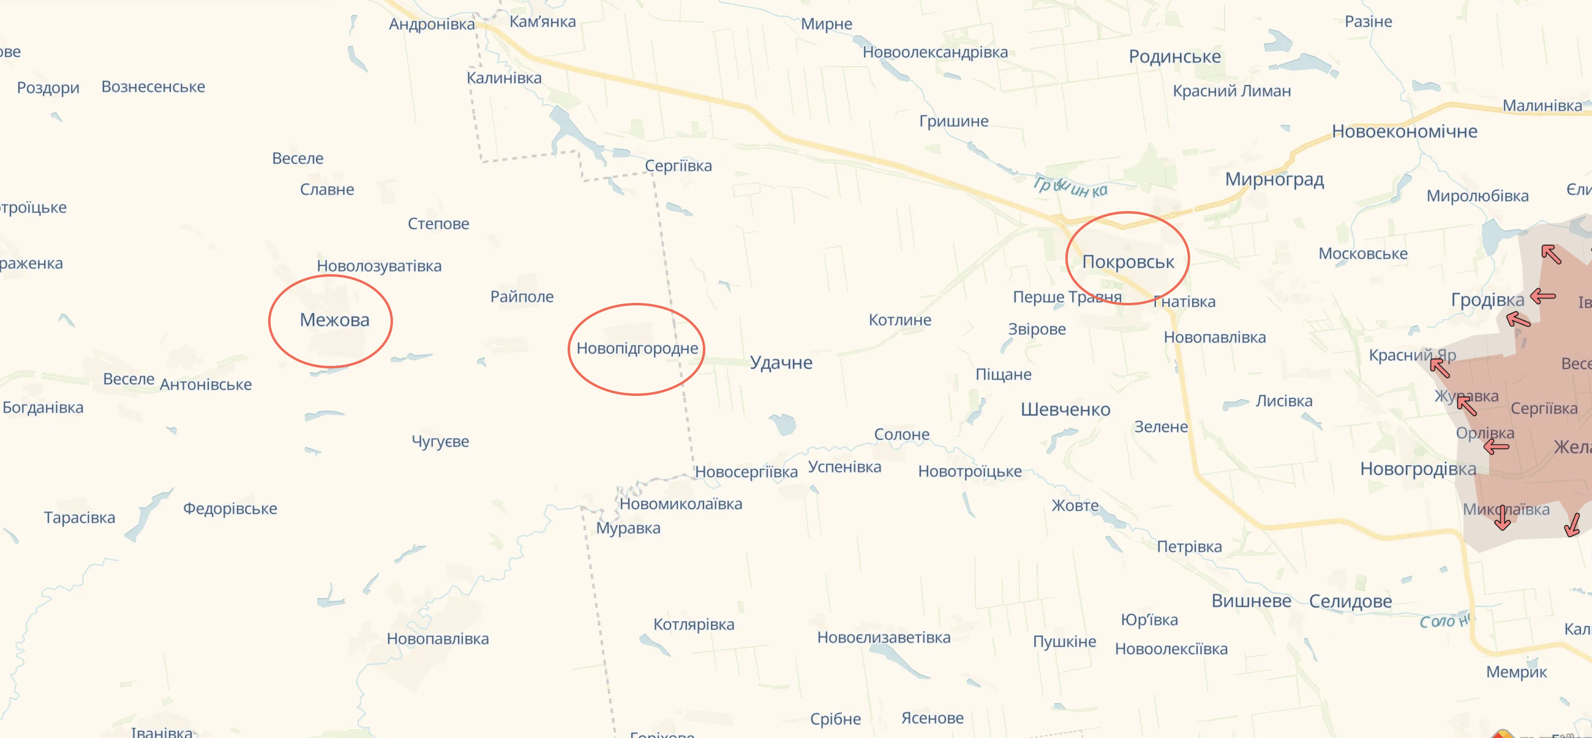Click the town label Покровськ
pyautogui.click(x=1128, y=262)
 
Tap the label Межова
pyautogui.click(x=334, y=320)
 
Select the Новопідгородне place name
pyautogui.click(x=637, y=348)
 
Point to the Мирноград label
pyautogui.click(x=1274, y=179)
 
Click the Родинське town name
pyautogui.click(x=1175, y=57)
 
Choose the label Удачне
pyautogui.click(x=781, y=362)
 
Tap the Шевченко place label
pyautogui.click(x=1065, y=409)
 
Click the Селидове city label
pyautogui.click(x=1350, y=601)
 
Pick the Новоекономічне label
pyautogui.click(x=1404, y=132)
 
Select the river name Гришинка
pyautogui.click(x=1070, y=187)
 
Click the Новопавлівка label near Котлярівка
pyautogui.click(x=438, y=639)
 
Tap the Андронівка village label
pyautogui.click(x=432, y=24)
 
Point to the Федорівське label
pyautogui.click(x=230, y=509)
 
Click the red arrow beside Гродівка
pyautogui.click(x=1542, y=296)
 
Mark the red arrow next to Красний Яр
pyautogui.click(x=1440, y=368)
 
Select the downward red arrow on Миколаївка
pyautogui.click(x=1503, y=518)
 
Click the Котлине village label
pyautogui.click(x=900, y=320)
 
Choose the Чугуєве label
pyautogui.click(x=440, y=442)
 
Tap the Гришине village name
pyautogui.click(x=953, y=121)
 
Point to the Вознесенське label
pyautogui.click(x=153, y=87)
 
